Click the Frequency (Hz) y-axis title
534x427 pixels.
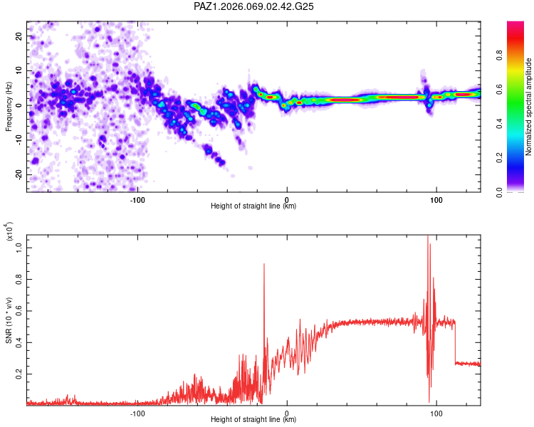9,106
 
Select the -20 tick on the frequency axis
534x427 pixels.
17,174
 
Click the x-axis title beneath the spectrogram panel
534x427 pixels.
253,206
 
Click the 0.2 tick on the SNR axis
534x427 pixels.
19,373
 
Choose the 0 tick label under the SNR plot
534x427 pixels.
287,412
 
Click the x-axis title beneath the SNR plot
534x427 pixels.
253,420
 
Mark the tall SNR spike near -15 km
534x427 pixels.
264,265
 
